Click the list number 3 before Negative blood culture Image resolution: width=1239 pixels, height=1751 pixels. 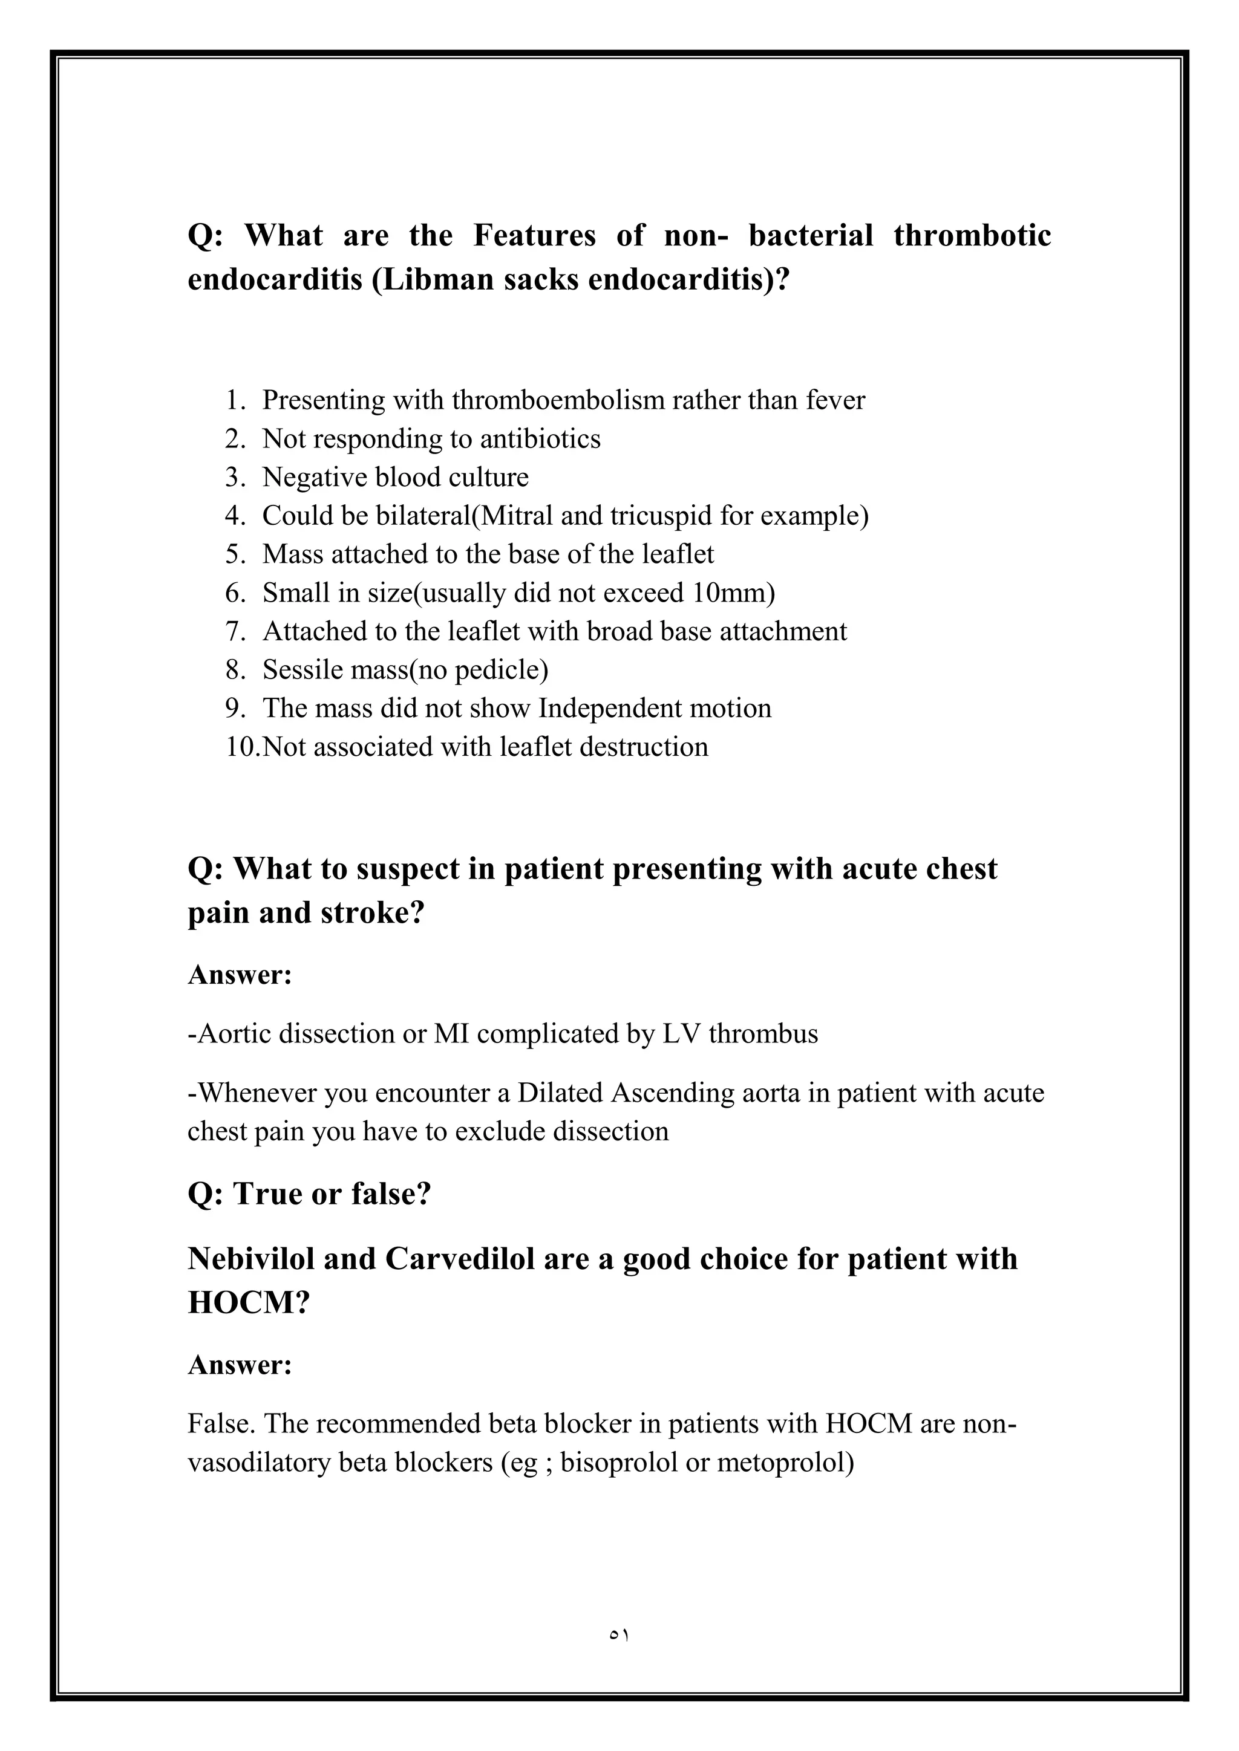click(x=233, y=478)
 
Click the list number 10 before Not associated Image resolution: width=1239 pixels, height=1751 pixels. click(x=242, y=747)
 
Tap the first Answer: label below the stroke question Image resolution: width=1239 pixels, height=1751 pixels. click(x=240, y=975)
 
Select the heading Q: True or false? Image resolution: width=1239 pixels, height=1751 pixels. click(x=309, y=1194)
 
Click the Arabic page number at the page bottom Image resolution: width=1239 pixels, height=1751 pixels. click(x=619, y=1637)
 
